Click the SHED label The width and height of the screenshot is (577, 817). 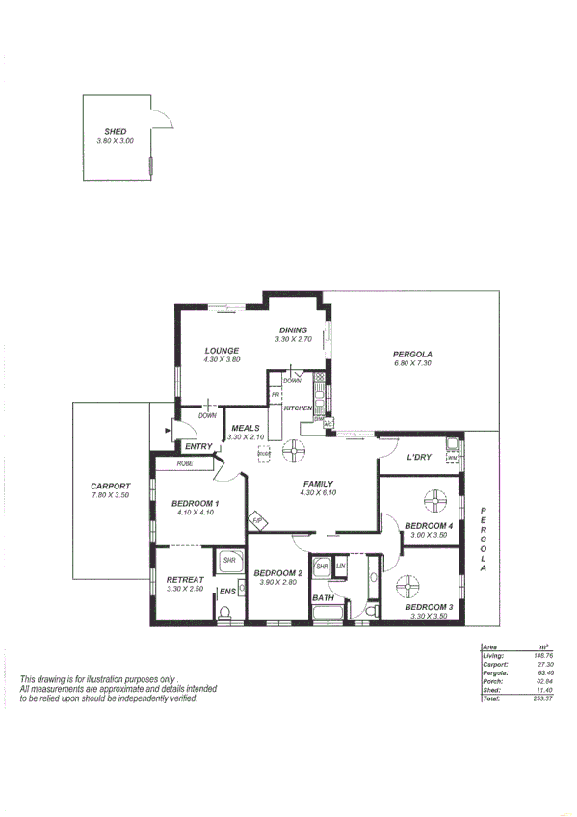point(115,131)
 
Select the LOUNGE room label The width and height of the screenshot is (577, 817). point(222,350)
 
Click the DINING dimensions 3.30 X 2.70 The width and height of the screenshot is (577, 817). point(293,339)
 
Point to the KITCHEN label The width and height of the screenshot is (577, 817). point(297,408)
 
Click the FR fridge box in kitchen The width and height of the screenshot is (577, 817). point(275,396)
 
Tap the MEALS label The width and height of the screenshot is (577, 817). point(245,428)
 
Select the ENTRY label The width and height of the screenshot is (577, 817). point(198,446)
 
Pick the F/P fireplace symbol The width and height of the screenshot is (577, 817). point(257,521)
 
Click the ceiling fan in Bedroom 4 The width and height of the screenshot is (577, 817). point(436,500)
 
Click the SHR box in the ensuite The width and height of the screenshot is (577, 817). point(230,560)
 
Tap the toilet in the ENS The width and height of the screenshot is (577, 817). point(226,613)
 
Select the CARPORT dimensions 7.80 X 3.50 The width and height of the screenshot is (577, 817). point(111,494)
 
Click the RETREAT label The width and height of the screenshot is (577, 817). point(184,579)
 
